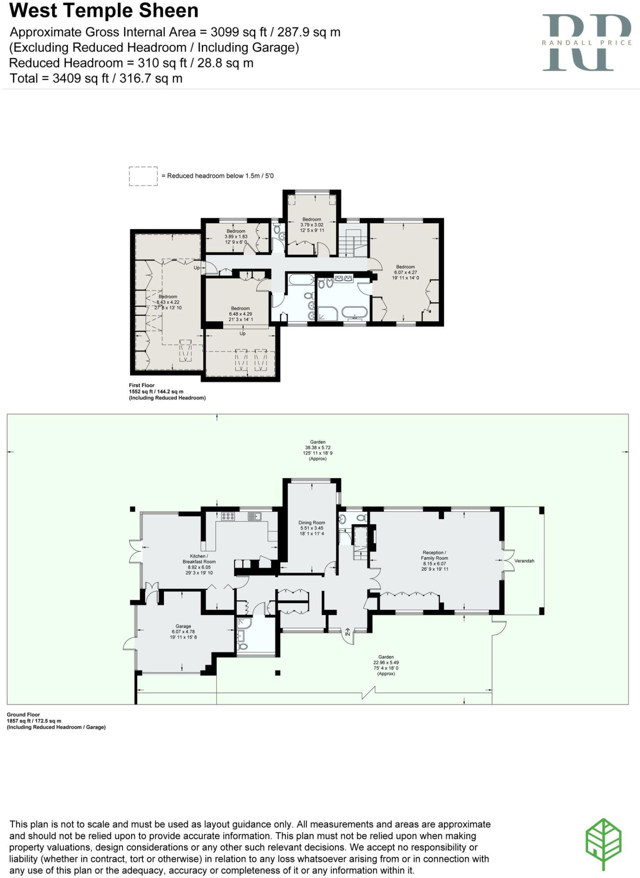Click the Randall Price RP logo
(586, 42)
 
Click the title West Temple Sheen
(104, 11)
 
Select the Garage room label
(183, 631)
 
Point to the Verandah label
(524, 561)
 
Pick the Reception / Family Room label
(434, 561)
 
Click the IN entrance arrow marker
(347, 632)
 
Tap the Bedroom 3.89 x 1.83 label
(236, 236)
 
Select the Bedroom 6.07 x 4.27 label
(405, 272)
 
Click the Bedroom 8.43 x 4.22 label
(168, 302)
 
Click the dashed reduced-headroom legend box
(143, 176)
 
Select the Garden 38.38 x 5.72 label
(317, 450)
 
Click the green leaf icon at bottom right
(603, 844)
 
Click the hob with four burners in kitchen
(228, 517)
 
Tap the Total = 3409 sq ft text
(96, 78)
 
